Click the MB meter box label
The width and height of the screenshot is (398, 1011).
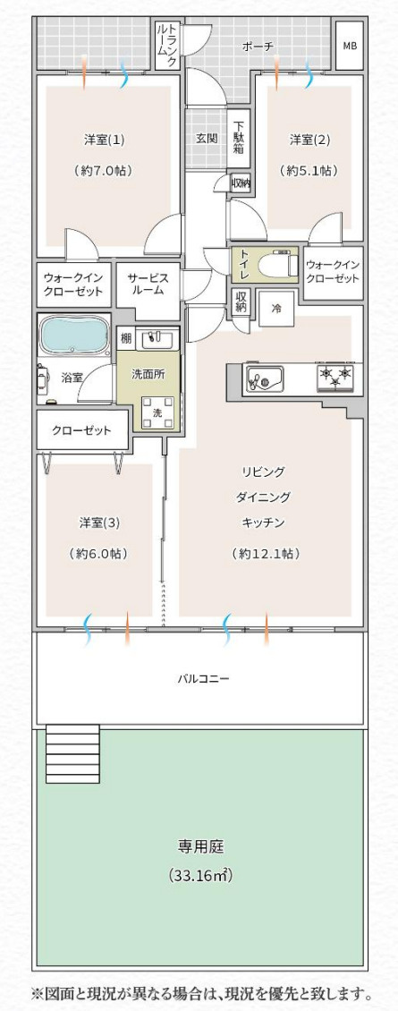tap(349, 47)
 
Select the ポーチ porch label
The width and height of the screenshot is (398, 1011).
tap(258, 47)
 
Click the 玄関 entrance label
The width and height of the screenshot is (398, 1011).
tap(207, 138)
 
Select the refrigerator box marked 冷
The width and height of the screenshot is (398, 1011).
tap(276, 310)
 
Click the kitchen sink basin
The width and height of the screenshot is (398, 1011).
tap(264, 379)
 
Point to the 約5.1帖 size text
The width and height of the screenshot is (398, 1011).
tap(309, 171)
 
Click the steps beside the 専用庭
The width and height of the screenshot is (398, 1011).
tap(72, 753)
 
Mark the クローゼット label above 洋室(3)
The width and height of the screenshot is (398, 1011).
tap(82, 430)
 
